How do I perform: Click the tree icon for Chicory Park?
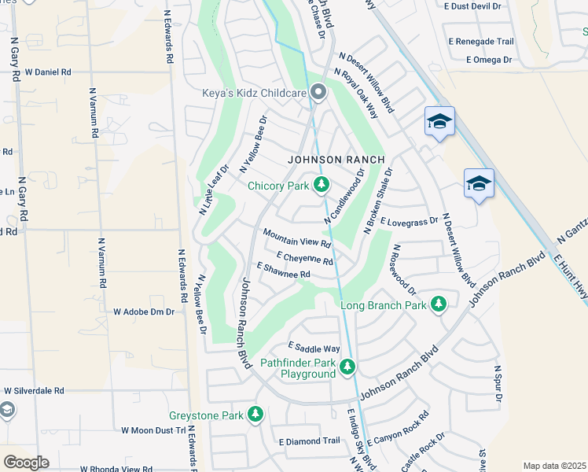coord(321,185)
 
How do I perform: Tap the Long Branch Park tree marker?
coord(438,304)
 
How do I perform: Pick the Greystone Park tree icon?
coord(255,414)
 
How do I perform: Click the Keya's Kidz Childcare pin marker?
coord(318,93)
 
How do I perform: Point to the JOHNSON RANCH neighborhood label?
coord(336,159)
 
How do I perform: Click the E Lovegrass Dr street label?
coord(409,223)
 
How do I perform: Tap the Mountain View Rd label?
coord(296,238)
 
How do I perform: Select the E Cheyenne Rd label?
coord(305,258)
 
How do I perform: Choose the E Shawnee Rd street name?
coord(284,271)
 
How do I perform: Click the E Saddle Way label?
coord(314,347)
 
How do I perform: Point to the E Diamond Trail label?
coord(309,441)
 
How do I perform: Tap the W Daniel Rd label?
coord(48,72)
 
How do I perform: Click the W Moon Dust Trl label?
coord(153,430)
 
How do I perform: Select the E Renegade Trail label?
coord(480,42)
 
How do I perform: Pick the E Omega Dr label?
coord(488,59)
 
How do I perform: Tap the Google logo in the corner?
coord(26,463)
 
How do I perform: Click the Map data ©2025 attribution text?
coord(553,466)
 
